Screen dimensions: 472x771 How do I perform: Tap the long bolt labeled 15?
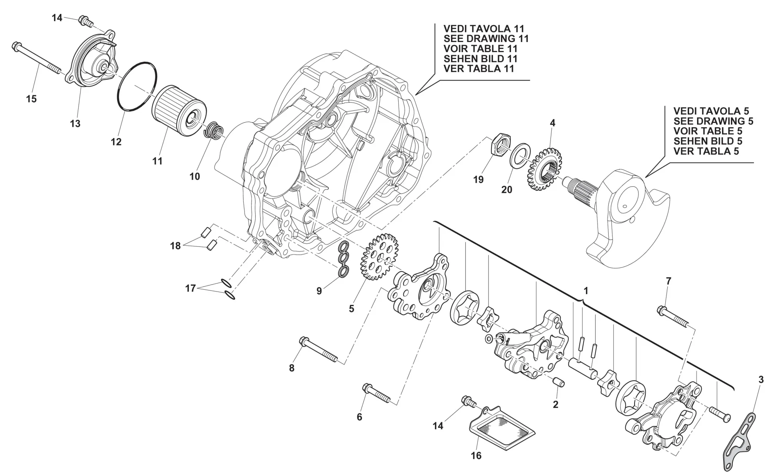tap(38, 58)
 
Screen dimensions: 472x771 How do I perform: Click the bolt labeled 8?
tap(318, 351)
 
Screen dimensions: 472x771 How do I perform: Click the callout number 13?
tap(75, 124)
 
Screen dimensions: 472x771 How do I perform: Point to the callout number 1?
tap(586, 290)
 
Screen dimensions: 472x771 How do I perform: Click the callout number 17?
tap(190, 288)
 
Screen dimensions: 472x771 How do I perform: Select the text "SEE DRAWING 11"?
tap(486, 39)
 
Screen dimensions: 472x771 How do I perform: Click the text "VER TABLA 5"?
tap(706, 151)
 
